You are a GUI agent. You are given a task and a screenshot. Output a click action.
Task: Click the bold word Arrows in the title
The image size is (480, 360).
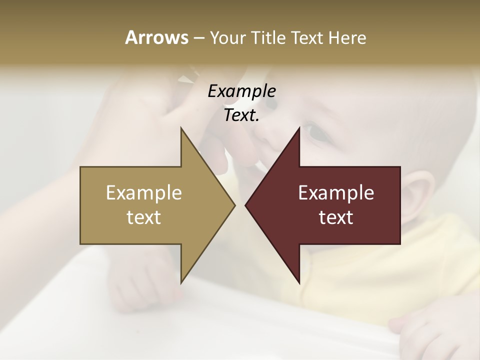click(x=156, y=37)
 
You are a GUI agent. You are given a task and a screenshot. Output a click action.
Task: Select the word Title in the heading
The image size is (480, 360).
click(x=268, y=37)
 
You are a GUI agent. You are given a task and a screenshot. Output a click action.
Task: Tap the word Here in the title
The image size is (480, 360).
click(x=347, y=37)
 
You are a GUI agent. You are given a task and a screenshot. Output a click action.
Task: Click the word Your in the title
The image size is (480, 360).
click(x=228, y=38)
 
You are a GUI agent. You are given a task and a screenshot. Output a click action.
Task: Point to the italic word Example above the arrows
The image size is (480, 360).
click(x=241, y=91)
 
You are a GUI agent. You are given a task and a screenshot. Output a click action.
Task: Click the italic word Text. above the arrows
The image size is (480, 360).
click(x=241, y=115)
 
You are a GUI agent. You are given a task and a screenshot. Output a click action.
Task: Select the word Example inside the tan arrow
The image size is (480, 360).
click(x=144, y=192)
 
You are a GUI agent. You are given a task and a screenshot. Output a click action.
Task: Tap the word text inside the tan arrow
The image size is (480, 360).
click(x=144, y=217)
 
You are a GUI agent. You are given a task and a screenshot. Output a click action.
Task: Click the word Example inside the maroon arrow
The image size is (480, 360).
click(x=336, y=192)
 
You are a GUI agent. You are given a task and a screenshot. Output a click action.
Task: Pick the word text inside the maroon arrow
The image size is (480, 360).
click(x=336, y=217)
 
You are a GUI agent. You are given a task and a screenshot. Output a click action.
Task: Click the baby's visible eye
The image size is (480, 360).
click(x=316, y=132)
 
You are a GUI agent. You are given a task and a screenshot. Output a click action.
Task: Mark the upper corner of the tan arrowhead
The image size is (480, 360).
click(x=181, y=129)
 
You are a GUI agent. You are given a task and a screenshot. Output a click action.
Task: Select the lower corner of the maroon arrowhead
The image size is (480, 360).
click(x=299, y=282)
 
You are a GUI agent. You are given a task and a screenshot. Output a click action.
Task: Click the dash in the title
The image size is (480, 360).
click(x=198, y=38)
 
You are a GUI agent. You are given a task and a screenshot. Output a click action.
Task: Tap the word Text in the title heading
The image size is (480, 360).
click(x=307, y=37)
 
